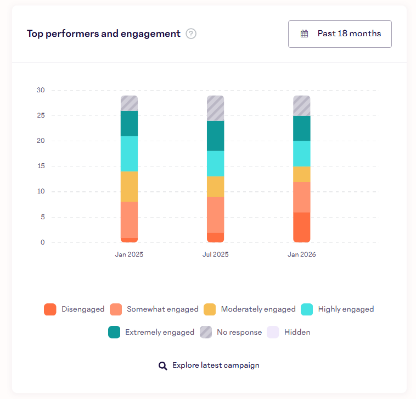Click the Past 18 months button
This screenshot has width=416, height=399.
[340, 34]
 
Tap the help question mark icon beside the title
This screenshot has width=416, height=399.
[191, 34]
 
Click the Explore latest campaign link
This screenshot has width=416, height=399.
[209, 365]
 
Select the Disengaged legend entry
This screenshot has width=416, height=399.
[74, 309]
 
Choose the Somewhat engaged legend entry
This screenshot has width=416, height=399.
[154, 309]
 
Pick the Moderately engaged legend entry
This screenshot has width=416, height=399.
[250, 309]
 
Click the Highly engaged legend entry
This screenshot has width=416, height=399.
[338, 309]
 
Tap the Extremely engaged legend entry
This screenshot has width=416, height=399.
[151, 332]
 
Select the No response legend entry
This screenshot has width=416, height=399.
[231, 332]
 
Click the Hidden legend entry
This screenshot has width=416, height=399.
[289, 332]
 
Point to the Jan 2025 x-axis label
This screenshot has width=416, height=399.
[129, 254]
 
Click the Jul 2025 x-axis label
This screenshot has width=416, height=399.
[215, 254]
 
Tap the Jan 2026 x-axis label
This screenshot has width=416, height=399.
[302, 254]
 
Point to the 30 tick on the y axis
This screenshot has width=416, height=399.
[41, 90]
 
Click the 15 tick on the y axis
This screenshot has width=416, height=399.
[41, 167]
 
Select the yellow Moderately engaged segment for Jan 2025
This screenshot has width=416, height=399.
[129, 187]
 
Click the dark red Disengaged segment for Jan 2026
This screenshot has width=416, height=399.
[302, 227]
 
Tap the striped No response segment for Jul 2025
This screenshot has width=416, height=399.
[215, 108]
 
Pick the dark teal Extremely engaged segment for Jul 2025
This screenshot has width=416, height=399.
[215, 136]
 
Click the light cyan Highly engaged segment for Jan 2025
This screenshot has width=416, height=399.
[129, 154]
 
